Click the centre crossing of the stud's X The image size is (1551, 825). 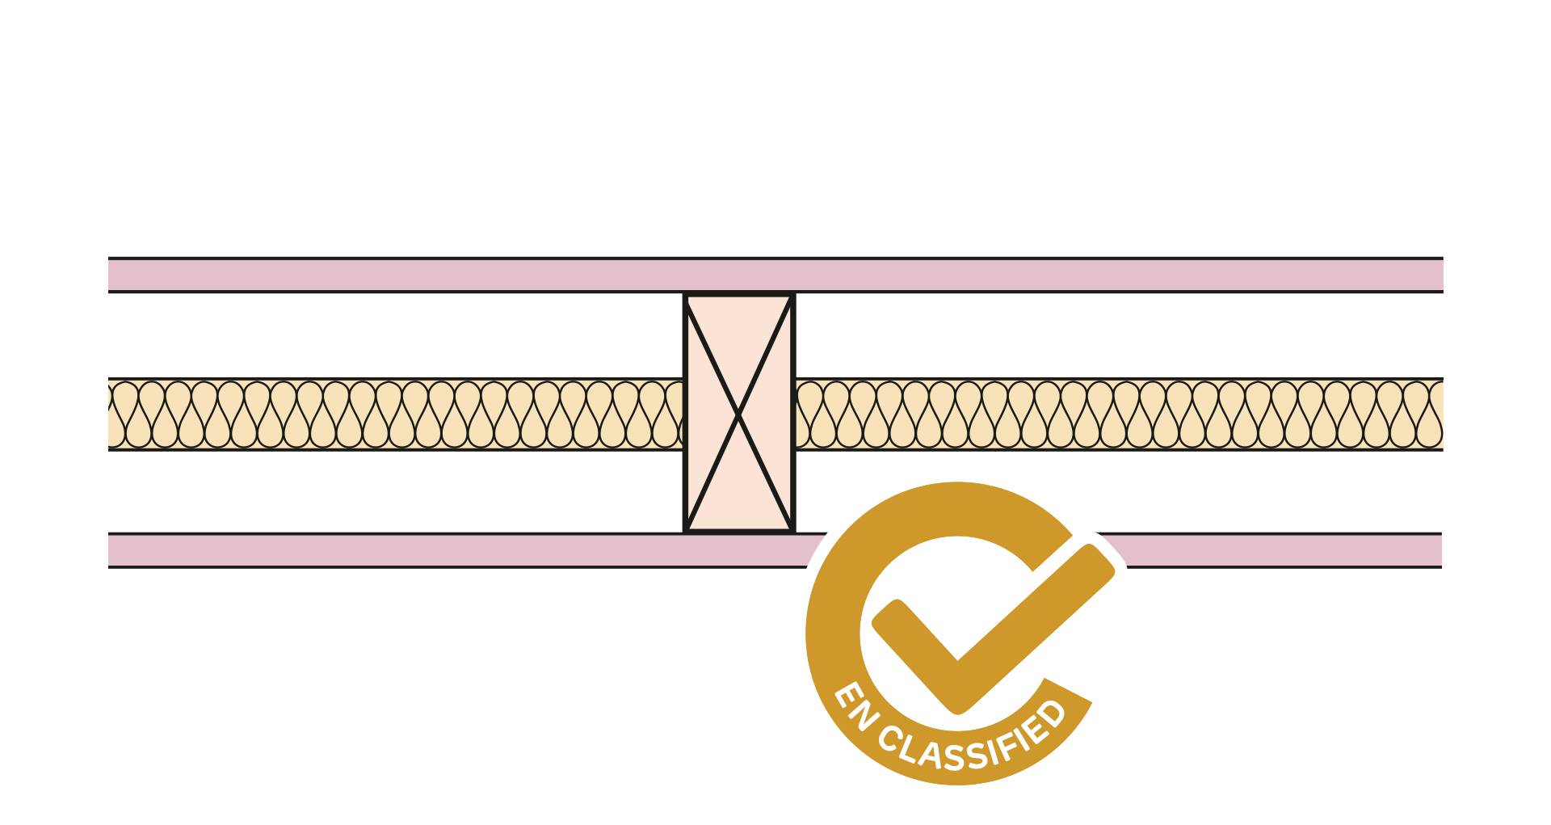(739, 414)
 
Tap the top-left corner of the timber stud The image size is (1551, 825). (684, 293)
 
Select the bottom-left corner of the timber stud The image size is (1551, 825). (684, 533)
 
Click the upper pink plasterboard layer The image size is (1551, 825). (775, 275)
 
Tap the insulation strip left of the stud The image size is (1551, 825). (396, 414)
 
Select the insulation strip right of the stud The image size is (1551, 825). (1120, 414)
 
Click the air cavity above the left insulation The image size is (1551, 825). (396, 335)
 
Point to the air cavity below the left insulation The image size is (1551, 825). (396, 491)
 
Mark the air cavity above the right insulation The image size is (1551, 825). (1120, 335)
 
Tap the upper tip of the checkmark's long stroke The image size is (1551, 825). (1100, 558)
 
